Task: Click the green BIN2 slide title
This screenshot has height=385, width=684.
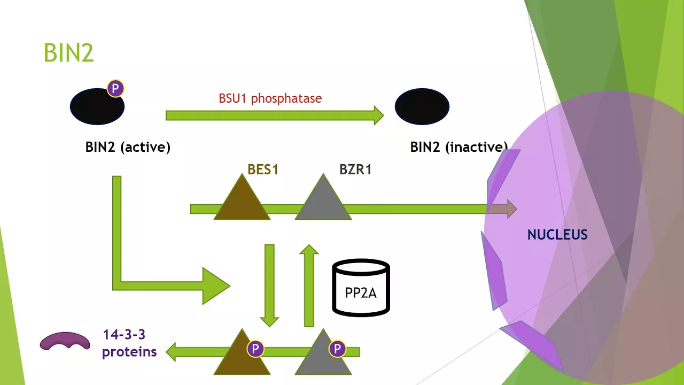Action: pyautogui.click(x=69, y=52)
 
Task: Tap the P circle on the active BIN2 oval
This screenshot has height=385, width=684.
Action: pyautogui.click(x=115, y=89)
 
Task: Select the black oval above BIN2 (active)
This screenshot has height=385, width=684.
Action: pyautogui.click(x=97, y=106)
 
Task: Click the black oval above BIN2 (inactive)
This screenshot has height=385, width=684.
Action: pyautogui.click(x=422, y=106)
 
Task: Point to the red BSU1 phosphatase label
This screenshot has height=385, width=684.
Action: pyautogui.click(x=270, y=98)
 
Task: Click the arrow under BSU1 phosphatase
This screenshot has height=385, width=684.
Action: pyautogui.click(x=275, y=115)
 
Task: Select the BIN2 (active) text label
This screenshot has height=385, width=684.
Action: pyautogui.click(x=128, y=147)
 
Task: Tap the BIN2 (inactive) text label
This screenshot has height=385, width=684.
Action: pyautogui.click(x=459, y=147)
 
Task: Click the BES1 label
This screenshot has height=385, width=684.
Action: pyautogui.click(x=263, y=170)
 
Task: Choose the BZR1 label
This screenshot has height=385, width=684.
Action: pyautogui.click(x=355, y=170)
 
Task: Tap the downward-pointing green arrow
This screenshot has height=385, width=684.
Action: pyautogui.click(x=269, y=286)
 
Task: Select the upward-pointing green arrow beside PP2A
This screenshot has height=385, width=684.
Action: pyautogui.click(x=309, y=286)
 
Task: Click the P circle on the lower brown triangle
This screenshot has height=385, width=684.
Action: pyautogui.click(x=255, y=349)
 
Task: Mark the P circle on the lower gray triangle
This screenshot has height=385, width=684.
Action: pyautogui.click(x=337, y=349)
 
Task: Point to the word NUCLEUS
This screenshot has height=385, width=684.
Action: pyautogui.click(x=557, y=235)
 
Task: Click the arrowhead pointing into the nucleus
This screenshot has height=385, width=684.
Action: pyautogui.click(x=512, y=209)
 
